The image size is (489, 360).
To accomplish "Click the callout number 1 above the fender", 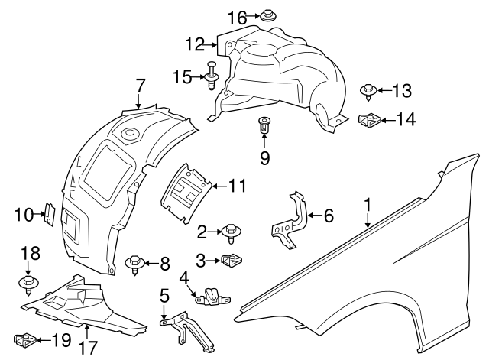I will (368, 204).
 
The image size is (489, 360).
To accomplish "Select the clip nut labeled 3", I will (230, 262).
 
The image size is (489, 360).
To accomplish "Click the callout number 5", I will (164, 295).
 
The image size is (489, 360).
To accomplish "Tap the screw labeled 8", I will (135, 265).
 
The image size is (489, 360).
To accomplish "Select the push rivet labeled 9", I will (264, 125).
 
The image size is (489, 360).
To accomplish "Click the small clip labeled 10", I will (48, 215).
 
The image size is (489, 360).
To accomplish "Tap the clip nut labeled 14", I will (370, 120).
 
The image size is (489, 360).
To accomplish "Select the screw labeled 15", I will (209, 76).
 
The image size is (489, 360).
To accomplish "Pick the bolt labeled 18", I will (28, 286).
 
